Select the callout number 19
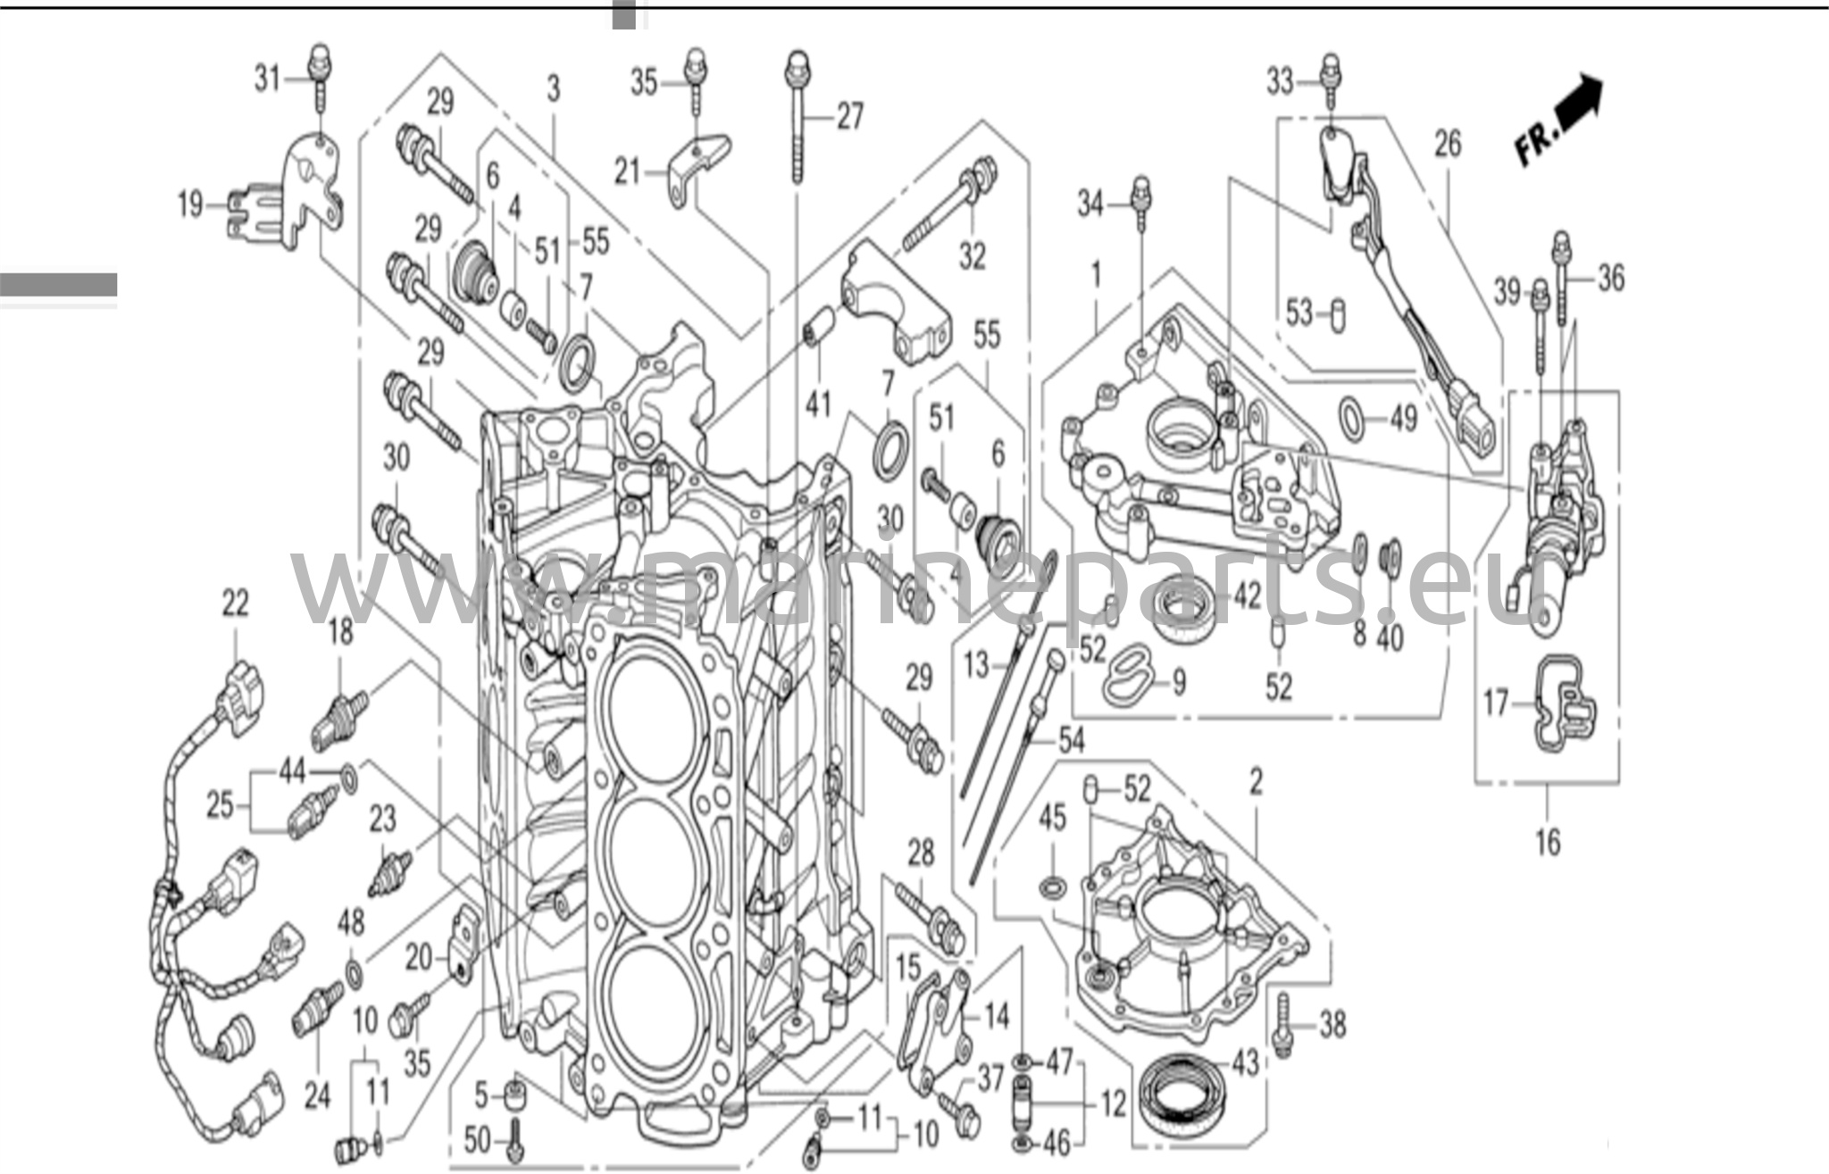[190, 205]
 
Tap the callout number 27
[849, 116]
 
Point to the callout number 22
[235, 604]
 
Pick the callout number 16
[1547, 841]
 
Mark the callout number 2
[1257, 783]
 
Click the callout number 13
[977, 664]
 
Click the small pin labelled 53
[1337, 316]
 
